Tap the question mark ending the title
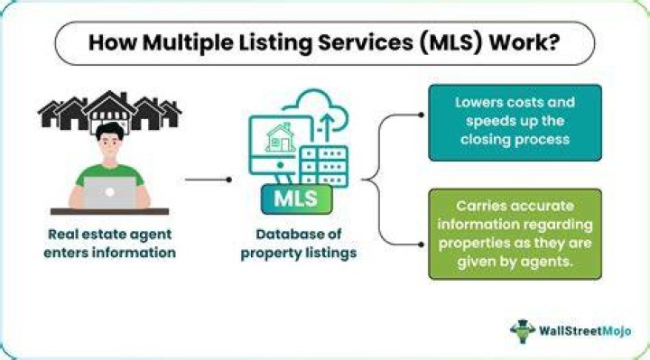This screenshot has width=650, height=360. pos(553,42)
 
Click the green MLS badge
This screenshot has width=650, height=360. pos(296,199)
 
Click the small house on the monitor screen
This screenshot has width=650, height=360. pos(280,137)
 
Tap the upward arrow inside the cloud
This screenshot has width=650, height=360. pos(328,127)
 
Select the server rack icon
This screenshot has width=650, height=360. pos(324,166)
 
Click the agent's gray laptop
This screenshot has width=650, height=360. pos(110,193)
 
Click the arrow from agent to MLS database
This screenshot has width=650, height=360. pos(209,180)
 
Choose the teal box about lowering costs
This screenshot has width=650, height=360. pos(515,123)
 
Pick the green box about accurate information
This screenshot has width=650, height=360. pos(515,234)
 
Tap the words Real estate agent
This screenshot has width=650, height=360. pos(110,235)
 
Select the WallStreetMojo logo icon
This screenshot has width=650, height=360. pos(523,331)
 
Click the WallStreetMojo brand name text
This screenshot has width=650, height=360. pos(585,331)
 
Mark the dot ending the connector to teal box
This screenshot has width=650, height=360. pos(422,115)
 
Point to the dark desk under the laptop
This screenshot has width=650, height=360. pos(109,212)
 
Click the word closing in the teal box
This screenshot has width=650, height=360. pos(486,140)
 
